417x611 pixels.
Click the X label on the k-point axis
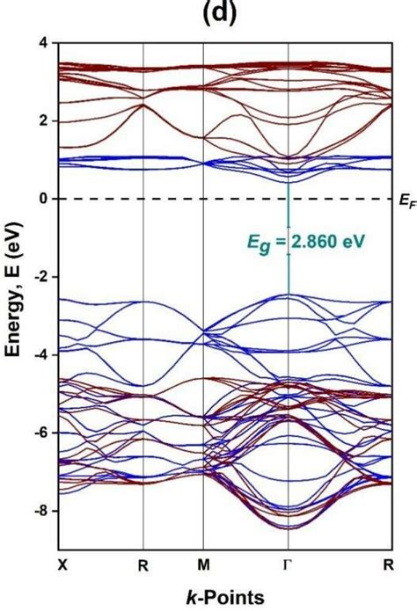click(62, 564)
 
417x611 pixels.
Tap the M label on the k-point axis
click(203, 564)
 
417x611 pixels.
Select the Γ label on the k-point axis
click(289, 564)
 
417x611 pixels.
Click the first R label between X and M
click(143, 565)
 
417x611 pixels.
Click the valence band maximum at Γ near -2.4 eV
click(289, 295)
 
